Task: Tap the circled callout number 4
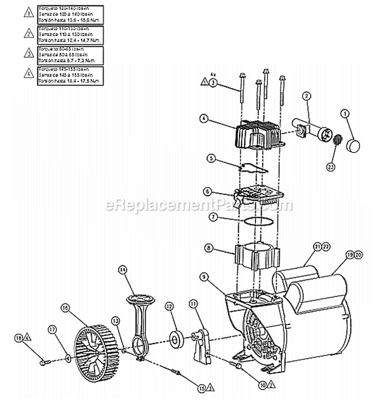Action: [203, 119]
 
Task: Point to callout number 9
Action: [204, 276]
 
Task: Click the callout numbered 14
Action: [122, 270]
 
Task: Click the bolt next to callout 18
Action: [42, 361]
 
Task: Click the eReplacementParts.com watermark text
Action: [198, 205]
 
